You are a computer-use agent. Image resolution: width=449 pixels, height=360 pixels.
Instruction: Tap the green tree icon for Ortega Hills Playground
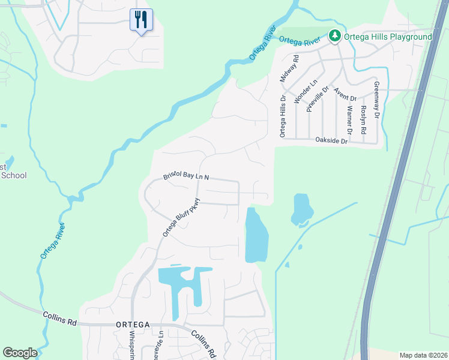click(335, 37)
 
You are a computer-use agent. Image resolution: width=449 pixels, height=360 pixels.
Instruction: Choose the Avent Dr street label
click(346, 94)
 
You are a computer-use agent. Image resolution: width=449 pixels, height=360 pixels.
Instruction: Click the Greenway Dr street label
click(377, 100)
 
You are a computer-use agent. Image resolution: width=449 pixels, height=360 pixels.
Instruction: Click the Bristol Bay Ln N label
click(186, 177)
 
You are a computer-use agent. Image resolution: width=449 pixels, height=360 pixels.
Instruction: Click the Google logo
click(20, 353)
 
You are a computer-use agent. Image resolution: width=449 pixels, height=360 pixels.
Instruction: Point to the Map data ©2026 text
click(423, 355)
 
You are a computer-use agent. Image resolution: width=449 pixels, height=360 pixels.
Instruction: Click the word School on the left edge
click(14, 175)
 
